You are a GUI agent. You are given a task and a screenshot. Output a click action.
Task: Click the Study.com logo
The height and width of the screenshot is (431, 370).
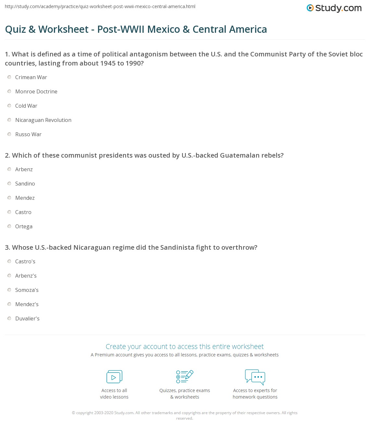point(334,8)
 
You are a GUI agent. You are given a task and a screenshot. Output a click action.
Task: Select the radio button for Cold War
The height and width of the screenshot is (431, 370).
point(9,106)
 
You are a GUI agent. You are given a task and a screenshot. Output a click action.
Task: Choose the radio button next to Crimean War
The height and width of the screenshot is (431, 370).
point(9,77)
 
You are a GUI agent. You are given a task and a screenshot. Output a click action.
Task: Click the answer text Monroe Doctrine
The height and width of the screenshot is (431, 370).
point(36,91)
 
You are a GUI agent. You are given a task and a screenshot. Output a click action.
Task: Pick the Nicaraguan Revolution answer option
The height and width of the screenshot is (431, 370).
point(43,120)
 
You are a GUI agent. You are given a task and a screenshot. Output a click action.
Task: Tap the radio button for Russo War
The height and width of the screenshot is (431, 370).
point(9,134)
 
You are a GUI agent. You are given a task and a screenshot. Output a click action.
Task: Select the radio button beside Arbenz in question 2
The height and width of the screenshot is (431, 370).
point(9,169)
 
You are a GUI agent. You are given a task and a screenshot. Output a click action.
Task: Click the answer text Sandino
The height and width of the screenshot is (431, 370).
point(25,184)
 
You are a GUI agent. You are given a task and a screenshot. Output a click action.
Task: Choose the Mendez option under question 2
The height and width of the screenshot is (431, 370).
point(25,198)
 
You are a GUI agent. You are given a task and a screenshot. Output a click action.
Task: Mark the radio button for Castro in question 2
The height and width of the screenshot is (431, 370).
point(9,212)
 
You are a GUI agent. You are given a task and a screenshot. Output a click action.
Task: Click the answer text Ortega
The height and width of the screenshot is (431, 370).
point(24,226)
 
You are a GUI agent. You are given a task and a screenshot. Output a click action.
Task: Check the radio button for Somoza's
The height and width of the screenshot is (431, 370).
point(9,290)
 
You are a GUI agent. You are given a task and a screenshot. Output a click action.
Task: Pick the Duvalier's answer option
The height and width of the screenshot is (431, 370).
point(27,318)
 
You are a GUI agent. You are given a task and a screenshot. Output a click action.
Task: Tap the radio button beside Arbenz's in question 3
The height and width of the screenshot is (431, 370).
point(9,276)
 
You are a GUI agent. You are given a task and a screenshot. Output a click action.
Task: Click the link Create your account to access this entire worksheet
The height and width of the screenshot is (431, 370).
point(185,346)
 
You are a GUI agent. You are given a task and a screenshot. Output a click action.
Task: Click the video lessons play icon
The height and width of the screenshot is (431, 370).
point(114,377)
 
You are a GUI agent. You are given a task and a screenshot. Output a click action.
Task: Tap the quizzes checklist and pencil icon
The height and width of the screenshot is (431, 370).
point(185,377)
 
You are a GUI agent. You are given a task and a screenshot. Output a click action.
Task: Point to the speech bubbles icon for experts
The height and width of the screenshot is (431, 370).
point(255,377)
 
